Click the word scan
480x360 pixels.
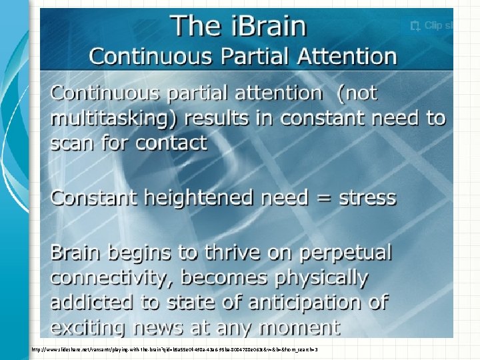click(x=73, y=143)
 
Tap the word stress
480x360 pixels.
click(x=363, y=198)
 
